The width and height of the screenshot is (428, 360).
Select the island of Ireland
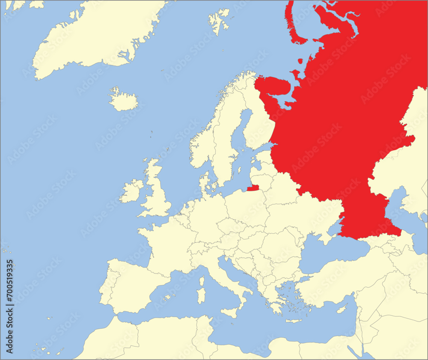[131, 191]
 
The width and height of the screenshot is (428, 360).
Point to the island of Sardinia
[201, 295]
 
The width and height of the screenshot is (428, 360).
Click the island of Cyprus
[341, 309]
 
